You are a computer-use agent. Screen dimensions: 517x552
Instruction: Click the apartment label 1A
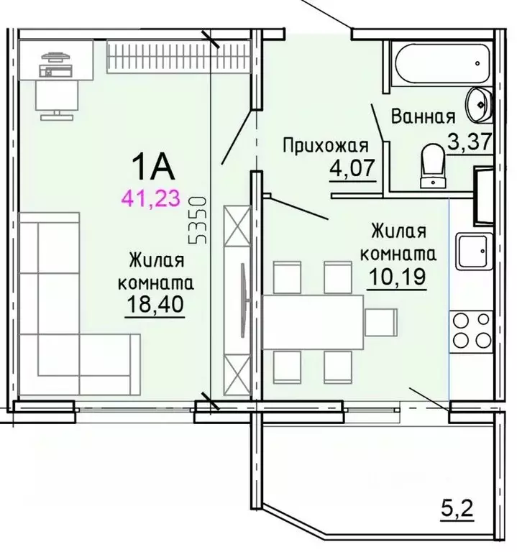[153, 167]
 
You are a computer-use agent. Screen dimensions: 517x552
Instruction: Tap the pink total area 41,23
[150, 198]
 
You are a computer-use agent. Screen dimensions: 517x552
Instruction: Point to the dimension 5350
[197, 221]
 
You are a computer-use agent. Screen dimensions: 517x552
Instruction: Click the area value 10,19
[397, 276]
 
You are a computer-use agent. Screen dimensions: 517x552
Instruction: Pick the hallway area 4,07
[352, 168]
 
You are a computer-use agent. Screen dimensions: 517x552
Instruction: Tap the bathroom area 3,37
[470, 142]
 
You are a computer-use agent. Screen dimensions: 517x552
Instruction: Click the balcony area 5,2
[457, 508]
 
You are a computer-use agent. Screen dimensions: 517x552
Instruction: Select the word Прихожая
[326, 145]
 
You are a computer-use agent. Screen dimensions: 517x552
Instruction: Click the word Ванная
[424, 116]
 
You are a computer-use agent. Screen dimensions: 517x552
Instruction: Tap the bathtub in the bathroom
[442, 63]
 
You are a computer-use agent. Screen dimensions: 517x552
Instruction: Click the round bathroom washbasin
[478, 105]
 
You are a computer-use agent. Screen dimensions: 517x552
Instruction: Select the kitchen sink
[474, 251]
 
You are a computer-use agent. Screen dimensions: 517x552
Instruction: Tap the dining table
[313, 322]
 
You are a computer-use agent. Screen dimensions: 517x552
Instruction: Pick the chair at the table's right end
[381, 323]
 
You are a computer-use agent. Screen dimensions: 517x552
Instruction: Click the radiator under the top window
[178, 56]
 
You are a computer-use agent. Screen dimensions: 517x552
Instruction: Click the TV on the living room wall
[244, 300]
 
